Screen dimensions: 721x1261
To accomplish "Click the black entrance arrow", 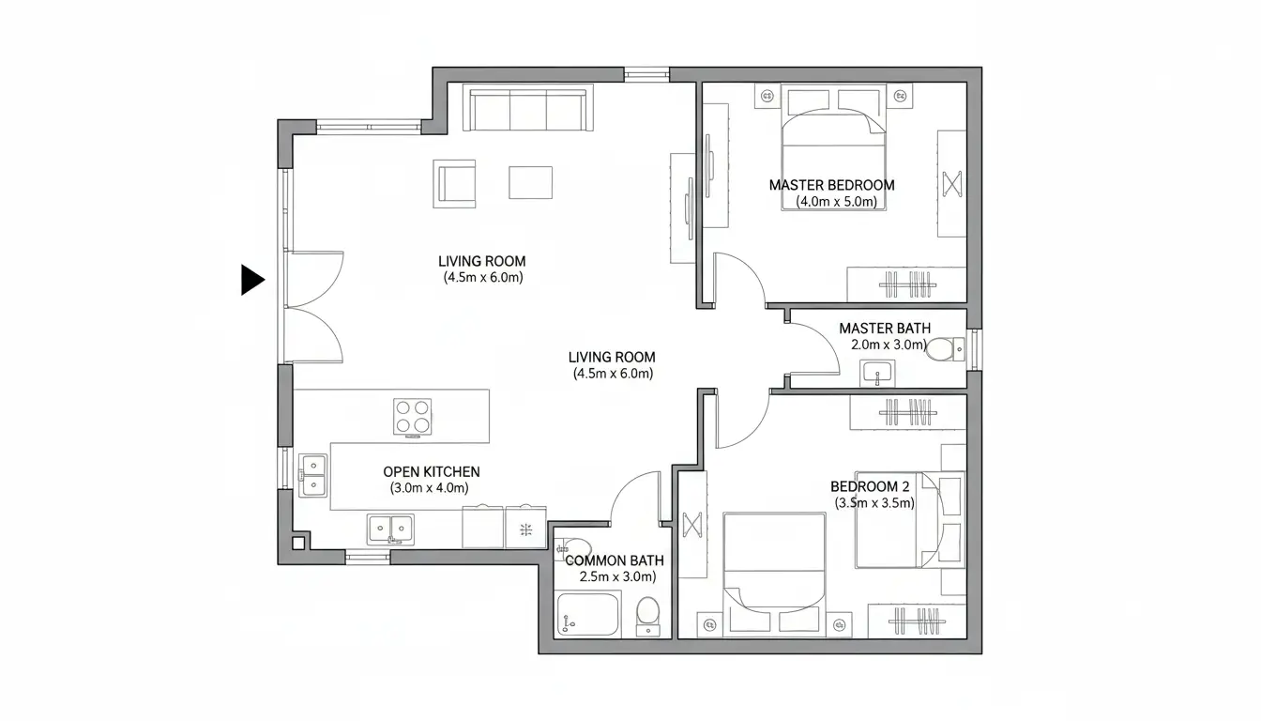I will point(251,280).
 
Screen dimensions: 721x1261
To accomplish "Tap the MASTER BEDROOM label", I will point(831,185).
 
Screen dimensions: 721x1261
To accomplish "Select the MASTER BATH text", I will point(885,329).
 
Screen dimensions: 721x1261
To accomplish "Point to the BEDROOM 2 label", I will point(870,486).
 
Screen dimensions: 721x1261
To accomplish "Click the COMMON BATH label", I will point(614,560).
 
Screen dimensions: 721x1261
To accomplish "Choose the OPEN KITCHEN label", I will point(432,471).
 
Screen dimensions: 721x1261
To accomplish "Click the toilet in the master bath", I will point(942,350).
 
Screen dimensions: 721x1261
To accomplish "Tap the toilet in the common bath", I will point(647,615).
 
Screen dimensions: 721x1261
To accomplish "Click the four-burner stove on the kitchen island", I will point(413,416).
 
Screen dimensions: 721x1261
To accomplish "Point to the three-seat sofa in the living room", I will point(529,109).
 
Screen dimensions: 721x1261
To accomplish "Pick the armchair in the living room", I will point(454,182).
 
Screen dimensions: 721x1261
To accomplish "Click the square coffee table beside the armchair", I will point(530,182).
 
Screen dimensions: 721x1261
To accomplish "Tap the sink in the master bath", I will point(878,373).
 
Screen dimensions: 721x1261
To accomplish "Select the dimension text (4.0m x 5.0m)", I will point(836,202).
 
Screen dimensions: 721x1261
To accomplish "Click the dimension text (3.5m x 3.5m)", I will point(874,503).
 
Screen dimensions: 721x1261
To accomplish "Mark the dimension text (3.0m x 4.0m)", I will point(429,488).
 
